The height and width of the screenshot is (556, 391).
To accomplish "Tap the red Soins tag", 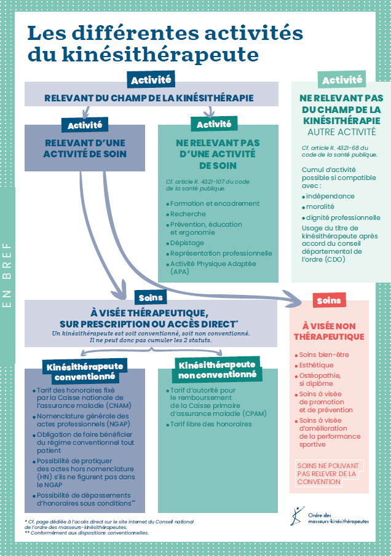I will click(328, 300).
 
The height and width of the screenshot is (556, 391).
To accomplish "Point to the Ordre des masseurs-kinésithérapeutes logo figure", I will click(298, 517).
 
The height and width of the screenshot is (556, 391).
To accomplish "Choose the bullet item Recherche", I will click(189, 214).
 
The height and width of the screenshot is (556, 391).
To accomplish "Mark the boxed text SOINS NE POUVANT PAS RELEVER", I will click(326, 474).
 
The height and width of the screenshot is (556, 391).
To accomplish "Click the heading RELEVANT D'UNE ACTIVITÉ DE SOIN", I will click(85, 148).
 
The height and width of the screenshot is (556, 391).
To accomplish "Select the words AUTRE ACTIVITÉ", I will click(342, 132).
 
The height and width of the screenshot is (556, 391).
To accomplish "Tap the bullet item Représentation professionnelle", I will click(221, 253).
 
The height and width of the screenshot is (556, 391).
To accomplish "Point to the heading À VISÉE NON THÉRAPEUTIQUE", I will click(329, 331).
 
